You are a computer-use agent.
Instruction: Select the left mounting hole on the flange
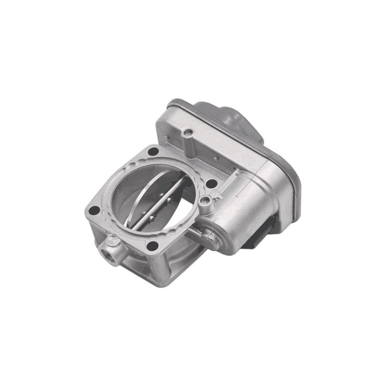click(x=94, y=211)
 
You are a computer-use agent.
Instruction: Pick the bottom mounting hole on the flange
click(x=153, y=245)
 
